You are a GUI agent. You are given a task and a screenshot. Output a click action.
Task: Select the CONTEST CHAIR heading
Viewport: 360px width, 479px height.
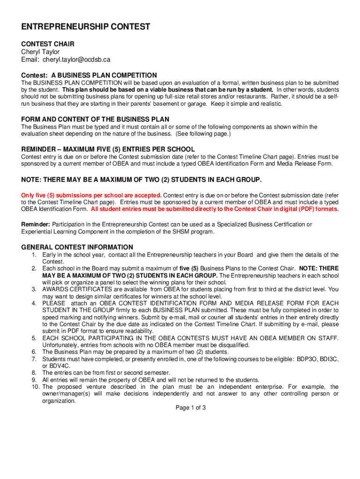48,44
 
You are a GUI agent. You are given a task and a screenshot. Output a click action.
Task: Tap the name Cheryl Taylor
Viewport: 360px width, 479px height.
40,52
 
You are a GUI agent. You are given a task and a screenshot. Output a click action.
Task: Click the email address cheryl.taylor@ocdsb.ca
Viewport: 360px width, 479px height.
77,60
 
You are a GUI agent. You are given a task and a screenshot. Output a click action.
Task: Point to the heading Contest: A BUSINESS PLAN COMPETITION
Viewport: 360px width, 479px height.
89,75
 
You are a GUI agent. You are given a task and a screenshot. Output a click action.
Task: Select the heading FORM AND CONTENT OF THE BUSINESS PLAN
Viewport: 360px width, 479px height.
95,119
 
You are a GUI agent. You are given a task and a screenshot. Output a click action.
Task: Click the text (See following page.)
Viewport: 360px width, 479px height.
203,134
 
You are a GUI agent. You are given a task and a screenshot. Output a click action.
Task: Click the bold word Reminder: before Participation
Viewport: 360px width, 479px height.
36,225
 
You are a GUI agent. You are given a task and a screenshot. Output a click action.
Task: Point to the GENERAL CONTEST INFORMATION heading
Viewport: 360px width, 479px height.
77,247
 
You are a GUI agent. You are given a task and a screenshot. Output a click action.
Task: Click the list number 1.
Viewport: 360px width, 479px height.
34,255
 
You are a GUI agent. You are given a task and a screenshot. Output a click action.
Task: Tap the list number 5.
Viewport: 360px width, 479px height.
34,338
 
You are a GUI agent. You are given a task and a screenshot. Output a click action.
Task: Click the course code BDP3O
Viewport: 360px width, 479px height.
299,359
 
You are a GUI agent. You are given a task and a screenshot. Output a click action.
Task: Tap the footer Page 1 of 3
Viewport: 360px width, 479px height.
191,408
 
